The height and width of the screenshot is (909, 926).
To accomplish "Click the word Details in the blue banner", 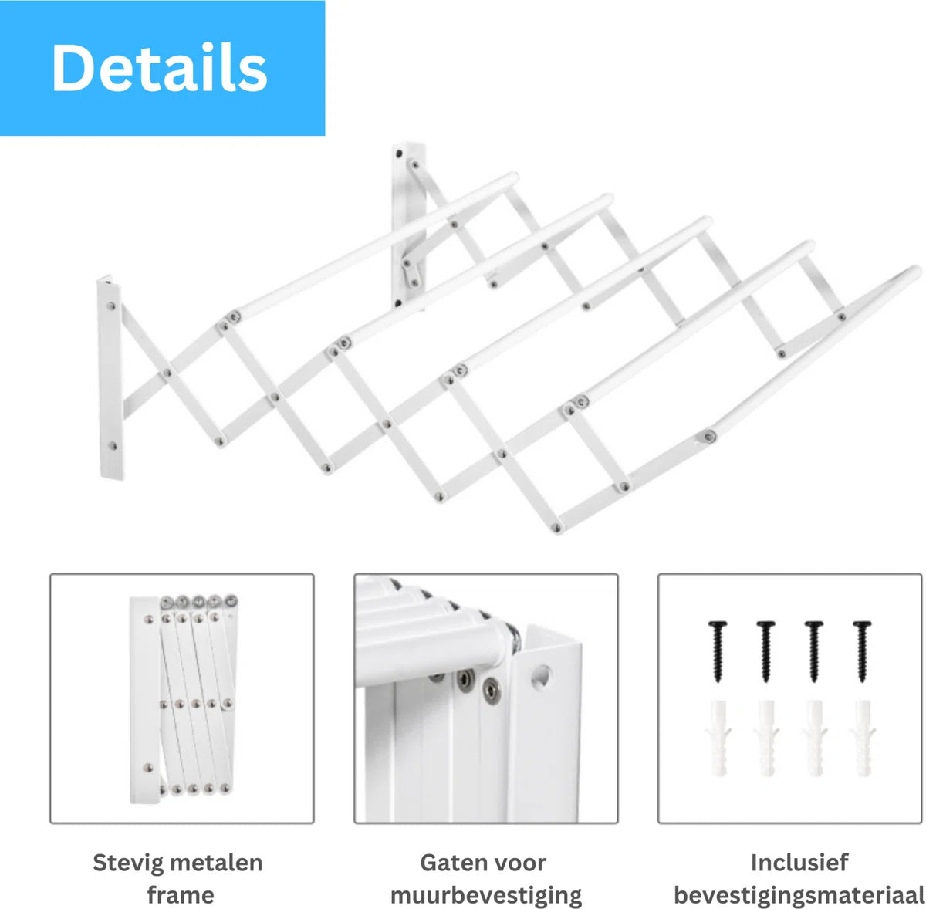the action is point(159,67).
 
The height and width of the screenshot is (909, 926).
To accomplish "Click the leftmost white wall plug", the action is point(718,738).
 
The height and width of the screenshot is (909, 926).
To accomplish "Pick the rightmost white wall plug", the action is point(863,738).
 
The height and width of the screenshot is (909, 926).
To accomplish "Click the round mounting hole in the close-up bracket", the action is point(541,675).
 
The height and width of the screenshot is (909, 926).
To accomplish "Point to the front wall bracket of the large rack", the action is point(110,378).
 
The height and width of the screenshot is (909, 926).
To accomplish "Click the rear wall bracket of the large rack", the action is point(408,226).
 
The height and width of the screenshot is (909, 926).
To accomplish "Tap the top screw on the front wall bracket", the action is point(110,306).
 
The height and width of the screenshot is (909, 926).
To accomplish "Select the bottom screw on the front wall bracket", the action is point(113,445).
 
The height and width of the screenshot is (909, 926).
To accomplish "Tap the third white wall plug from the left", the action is point(815,738).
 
